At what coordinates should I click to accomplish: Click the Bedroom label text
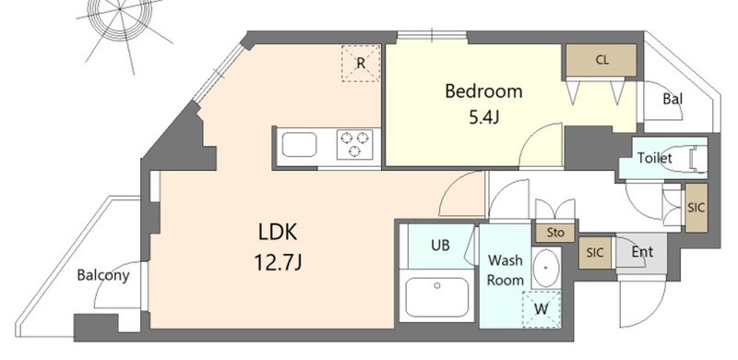tap(483, 91)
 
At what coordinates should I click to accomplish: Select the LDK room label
tap(277, 232)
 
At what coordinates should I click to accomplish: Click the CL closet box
tap(601, 61)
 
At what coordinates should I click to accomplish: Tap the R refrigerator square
tap(361, 62)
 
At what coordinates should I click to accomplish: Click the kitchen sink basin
tap(299, 146)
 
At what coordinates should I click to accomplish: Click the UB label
tap(441, 246)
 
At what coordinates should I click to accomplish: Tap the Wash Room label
tap(506, 270)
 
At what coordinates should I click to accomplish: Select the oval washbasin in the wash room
tap(547, 267)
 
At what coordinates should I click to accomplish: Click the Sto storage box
tap(555, 233)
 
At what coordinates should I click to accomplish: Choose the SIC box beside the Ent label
tap(596, 252)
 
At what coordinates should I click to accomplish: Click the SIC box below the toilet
tap(696, 207)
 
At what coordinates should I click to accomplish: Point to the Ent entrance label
tap(642, 250)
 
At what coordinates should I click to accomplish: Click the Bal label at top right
tap(673, 99)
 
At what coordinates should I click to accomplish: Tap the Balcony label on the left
tap(102, 274)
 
